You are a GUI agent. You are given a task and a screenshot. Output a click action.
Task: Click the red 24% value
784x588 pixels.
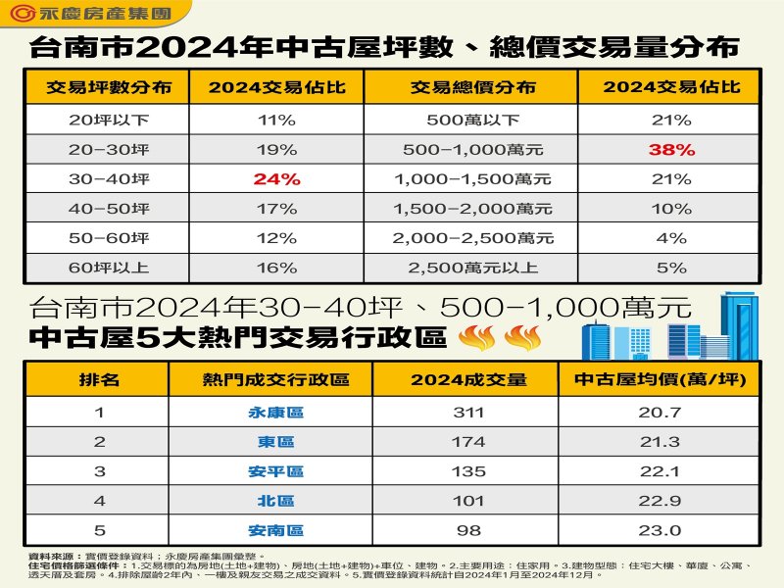click(276, 179)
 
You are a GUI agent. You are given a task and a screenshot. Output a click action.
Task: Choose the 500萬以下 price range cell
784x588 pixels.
click(473, 121)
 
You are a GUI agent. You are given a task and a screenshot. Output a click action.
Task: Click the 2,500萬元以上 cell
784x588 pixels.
click(473, 268)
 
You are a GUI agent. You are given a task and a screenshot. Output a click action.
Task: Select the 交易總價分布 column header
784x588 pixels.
click(473, 87)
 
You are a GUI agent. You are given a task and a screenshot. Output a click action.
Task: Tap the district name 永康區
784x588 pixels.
click(275, 413)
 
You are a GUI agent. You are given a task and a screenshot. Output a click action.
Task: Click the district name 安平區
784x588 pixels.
click(275, 471)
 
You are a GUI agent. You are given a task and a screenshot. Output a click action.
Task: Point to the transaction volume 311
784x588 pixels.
click(469, 413)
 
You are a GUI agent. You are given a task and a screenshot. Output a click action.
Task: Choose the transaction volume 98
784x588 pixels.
click(469, 530)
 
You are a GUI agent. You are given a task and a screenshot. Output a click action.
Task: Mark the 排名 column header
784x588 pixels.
click(98, 379)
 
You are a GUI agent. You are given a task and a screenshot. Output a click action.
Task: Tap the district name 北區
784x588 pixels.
click(275, 501)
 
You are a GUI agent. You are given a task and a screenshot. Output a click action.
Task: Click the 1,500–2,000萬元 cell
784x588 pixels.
click(473, 209)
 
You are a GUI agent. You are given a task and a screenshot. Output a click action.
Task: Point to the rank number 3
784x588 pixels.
click(98, 471)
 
